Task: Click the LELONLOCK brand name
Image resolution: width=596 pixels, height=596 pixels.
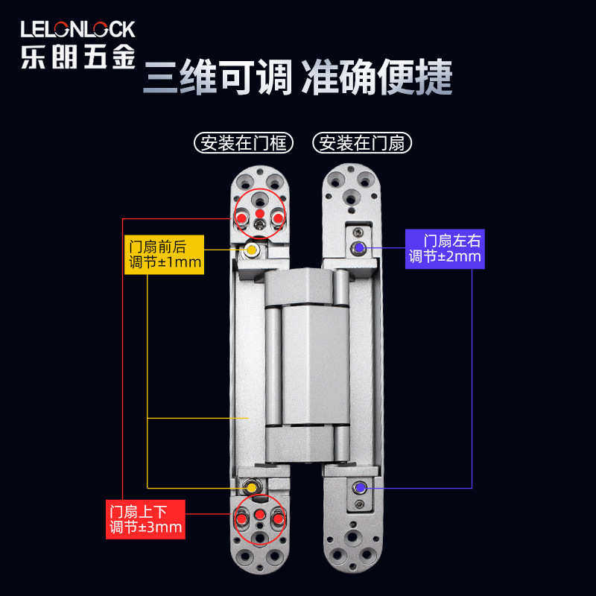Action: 77,29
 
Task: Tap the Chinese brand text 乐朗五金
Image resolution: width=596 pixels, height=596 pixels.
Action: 77,57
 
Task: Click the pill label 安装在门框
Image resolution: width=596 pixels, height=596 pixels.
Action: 243,142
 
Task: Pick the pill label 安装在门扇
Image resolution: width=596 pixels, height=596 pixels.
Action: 363,142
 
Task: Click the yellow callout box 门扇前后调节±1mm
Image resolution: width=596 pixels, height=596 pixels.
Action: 164,254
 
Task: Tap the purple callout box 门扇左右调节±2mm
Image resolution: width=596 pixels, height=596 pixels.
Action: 445,248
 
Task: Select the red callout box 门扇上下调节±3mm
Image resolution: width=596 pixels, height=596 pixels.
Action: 145,519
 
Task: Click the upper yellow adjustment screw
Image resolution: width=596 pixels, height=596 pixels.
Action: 252,249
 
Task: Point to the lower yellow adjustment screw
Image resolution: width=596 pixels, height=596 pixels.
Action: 252,487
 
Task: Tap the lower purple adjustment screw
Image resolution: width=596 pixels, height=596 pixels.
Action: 360,487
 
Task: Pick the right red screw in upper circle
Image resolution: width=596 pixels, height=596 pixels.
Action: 278,218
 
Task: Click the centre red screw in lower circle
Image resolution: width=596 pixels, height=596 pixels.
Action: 259,516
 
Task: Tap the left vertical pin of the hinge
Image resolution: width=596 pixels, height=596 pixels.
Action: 273,365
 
